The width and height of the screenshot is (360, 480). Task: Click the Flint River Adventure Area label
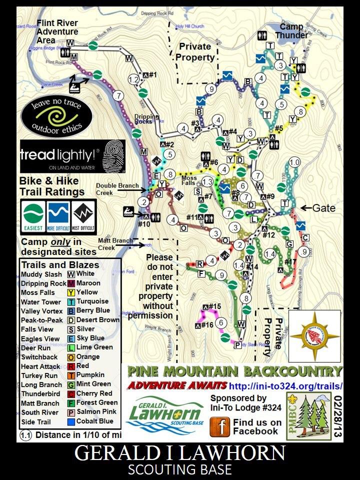pos(56,31)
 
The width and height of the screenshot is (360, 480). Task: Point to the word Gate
pos(323,206)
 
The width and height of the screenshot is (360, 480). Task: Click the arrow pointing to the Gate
pos(305,206)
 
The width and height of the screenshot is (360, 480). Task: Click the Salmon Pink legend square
pos(71,411)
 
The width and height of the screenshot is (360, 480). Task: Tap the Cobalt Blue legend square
pos(71,421)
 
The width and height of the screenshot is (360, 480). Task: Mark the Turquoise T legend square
pos(71,301)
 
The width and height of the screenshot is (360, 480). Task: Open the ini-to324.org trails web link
pos(285,386)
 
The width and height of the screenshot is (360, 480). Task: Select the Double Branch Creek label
pos(117,189)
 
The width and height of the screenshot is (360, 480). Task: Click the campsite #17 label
pos(289,262)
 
